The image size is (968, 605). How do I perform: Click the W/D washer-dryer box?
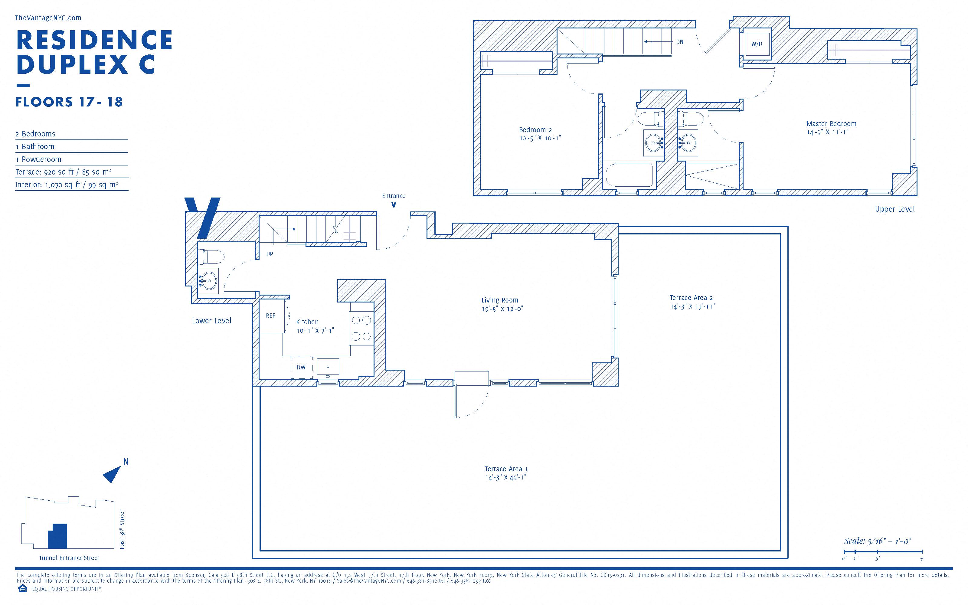756,44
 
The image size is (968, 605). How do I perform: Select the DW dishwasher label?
301,367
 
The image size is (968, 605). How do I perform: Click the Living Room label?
500,300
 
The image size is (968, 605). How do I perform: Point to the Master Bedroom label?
831,124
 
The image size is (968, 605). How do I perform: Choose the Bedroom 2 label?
535,130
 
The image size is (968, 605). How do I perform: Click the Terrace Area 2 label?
691,298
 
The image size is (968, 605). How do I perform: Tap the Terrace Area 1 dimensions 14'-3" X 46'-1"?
505,477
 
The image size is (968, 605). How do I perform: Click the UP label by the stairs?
270,254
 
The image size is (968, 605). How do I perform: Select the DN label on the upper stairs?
680,42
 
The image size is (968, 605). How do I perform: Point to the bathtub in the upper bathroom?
629,175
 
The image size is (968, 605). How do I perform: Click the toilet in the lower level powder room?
211,257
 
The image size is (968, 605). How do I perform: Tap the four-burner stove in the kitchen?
361,328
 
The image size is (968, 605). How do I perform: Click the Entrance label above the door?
394,196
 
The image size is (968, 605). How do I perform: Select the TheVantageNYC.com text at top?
48,18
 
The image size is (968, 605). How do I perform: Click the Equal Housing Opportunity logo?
22,589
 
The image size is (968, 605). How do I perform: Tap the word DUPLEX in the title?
73,64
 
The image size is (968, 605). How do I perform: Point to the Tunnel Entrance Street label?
69,558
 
